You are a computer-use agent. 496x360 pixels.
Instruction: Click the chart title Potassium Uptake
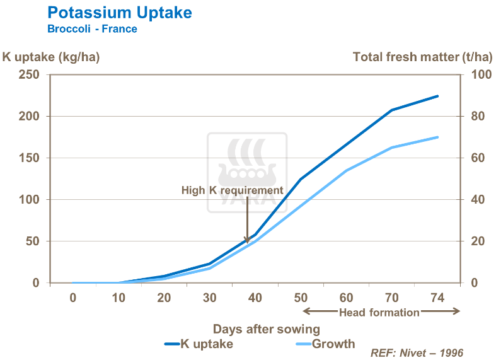tap(120, 13)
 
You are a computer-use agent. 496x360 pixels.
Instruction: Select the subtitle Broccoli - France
tap(92, 29)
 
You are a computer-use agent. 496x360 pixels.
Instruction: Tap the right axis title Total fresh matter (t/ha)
tap(422, 57)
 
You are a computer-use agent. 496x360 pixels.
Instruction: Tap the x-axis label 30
tap(209, 298)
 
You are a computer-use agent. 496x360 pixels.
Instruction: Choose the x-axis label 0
tap(73, 298)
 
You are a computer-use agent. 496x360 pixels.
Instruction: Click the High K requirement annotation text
tap(233, 190)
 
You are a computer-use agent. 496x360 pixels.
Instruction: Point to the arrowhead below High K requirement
tap(247, 240)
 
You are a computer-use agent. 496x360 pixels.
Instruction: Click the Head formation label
tap(379, 312)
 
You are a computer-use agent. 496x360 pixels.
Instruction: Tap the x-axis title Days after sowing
tap(266, 328)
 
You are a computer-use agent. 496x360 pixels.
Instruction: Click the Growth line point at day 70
tap(391, 148)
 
